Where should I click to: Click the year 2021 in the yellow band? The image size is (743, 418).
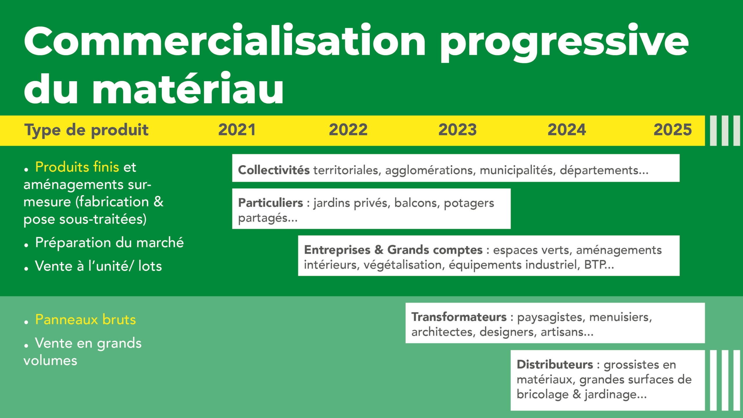(x=237, y=130)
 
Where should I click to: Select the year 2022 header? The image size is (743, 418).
(x=348, y=130)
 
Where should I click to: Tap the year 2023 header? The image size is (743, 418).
(x=457, y=130)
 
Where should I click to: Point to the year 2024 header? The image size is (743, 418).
(x=567, y=130)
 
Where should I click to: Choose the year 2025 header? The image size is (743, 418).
(x=672, y=130)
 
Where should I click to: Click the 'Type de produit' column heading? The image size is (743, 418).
(x=86, y=130)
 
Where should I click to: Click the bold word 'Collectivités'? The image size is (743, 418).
(x=274, y=170)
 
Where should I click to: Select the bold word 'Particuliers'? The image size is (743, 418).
(x=270, y=203)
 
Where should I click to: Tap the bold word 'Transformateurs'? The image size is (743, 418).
(x=459, y=317)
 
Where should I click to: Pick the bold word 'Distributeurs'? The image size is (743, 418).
(x=555, y=364)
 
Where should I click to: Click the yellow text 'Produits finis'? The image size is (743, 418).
(x=77, y=167)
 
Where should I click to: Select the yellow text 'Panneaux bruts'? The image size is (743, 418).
(x=85, y=320)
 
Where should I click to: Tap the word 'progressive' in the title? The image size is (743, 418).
(x=565, y=42)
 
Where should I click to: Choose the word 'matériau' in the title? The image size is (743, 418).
(x=187, y=88)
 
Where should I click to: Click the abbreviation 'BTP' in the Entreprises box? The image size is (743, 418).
(x=595, y=265)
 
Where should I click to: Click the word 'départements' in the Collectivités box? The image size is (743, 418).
(x=599, y=170)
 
